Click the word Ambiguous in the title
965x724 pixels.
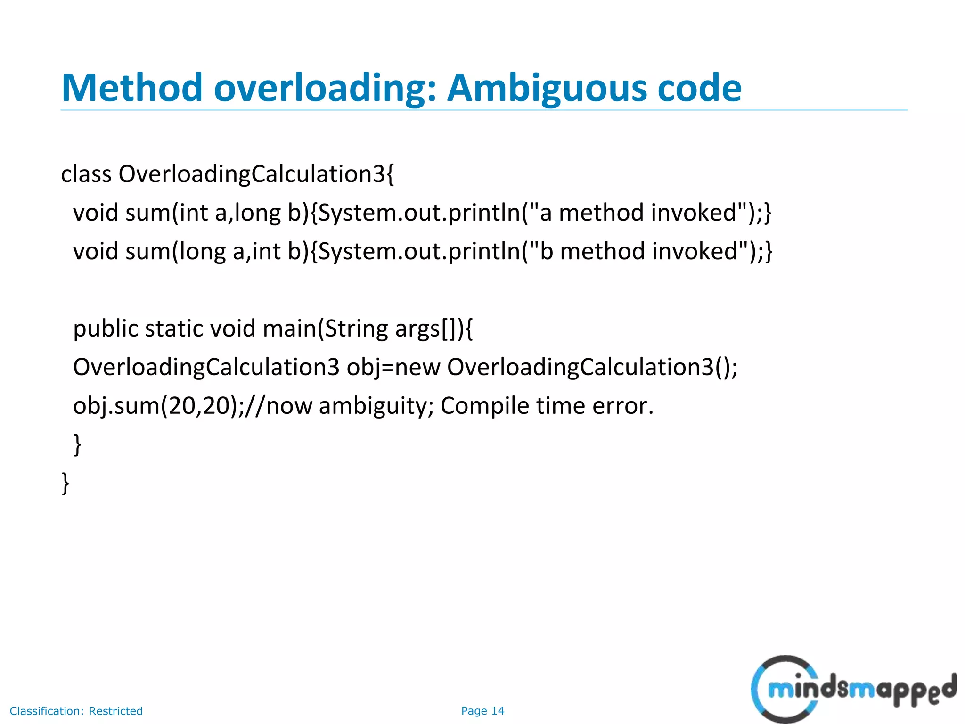pos(547,89)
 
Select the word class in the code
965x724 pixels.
pos(86,174)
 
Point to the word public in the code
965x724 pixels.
pos(105,329)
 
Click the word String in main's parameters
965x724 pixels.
pos(356,329)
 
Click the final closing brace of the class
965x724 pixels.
pos(65,483)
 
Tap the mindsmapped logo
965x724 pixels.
pos(853,689)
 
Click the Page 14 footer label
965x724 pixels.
pos(482,711)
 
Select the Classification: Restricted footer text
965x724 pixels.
pos(76,711)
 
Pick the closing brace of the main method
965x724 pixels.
pos(77,444)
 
